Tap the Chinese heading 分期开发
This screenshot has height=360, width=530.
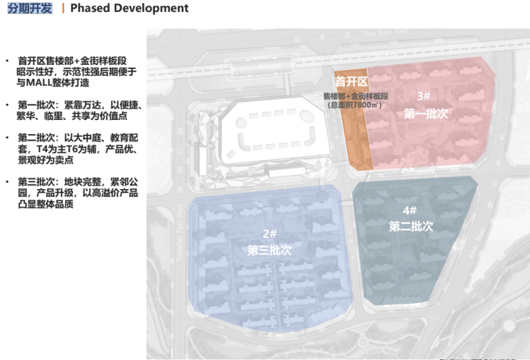tap(30, 8)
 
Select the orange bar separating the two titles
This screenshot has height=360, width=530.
tap(63, 8)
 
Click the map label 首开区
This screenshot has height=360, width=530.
tap(352, 82)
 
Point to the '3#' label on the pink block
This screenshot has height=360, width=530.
tap(423, 96)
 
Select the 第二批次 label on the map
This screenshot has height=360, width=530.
tap(411, 226)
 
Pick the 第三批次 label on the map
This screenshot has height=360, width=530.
tap(269, 250)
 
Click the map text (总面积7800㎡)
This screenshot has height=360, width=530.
tap(353, 105)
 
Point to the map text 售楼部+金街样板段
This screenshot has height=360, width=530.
tap(355, 95)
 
